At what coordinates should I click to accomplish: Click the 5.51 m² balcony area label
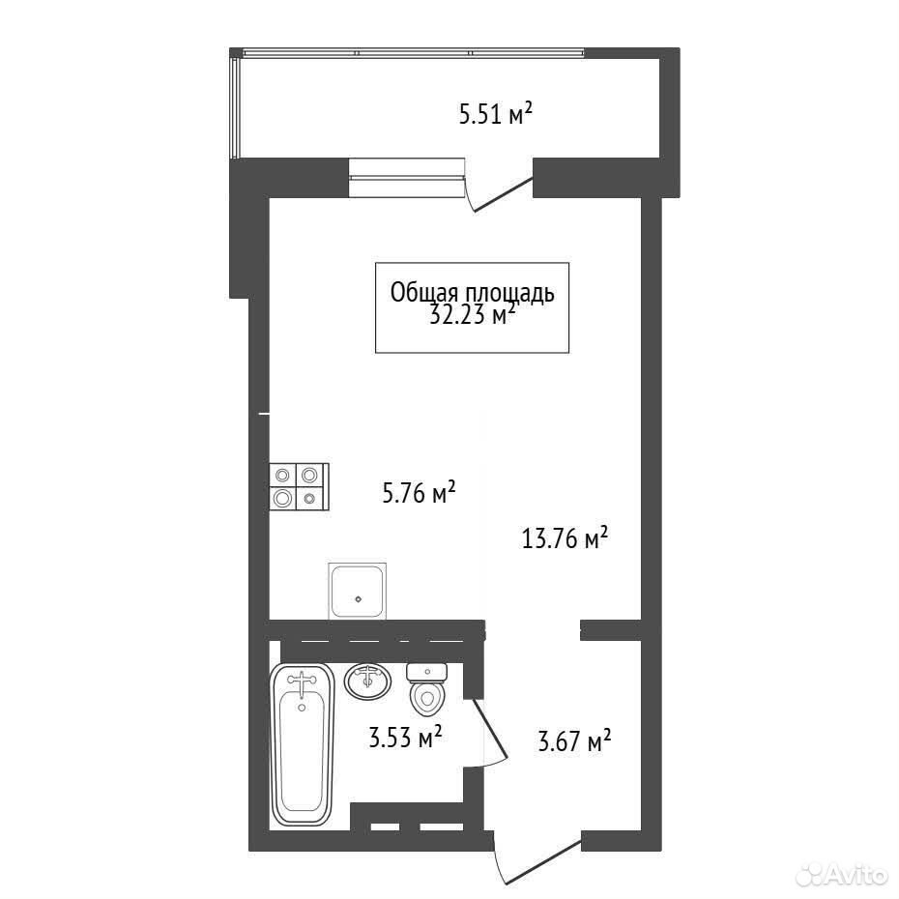(x=496, y=113)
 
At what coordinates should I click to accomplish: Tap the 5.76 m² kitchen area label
(x=419, y=492)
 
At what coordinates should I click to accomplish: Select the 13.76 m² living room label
(x=565, y=538)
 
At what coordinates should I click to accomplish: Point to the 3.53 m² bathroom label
(x=405, y=737)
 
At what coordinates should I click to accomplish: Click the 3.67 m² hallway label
(x=574, y=740)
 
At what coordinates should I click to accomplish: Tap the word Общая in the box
(x=424, y=292)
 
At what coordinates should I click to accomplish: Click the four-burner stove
(x=300, y=486)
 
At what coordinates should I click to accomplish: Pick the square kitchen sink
(x=358, y=591)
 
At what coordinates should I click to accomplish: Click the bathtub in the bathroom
(x=302, y=744)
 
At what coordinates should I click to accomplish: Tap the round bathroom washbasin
(x=367, y=681)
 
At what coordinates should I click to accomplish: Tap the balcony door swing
(x=498, y=192)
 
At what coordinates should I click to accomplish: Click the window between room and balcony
(x=406, y=177)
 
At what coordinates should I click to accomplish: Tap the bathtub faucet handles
(x=302, y=681)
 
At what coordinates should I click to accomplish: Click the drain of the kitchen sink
(x=359, y=599)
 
